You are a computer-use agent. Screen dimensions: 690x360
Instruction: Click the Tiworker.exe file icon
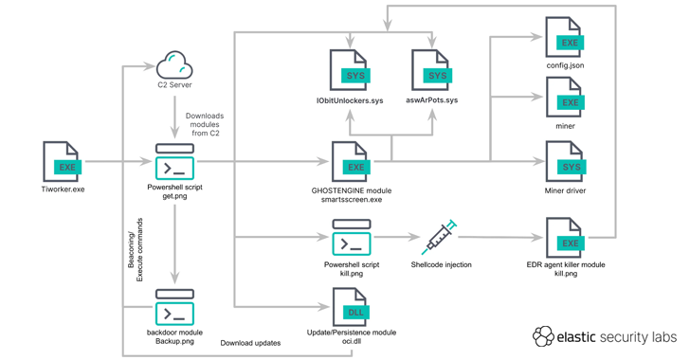pyautogui.click(x=62, y=161)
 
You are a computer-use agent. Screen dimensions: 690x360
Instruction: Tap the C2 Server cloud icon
pyautogui.click(x=174, y=65)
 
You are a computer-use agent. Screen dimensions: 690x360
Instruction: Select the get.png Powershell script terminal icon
pyautogui.click(x=174, y=161)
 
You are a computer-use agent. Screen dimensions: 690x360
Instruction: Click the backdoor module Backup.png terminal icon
pyautogui.click(x=174, y=307)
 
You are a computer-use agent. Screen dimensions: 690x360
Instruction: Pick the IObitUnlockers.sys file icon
pyautogui.click(x=350, y=70)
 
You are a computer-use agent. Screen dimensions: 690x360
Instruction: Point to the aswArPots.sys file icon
pyautogui.click(x=431, y=70)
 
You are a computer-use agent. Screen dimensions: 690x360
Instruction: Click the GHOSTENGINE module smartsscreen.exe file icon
pyautogui.click(x=351, y=161)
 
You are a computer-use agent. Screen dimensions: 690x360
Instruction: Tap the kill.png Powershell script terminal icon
pyautogui.click(x=351, y=237)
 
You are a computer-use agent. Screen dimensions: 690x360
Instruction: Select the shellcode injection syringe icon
pyautogui.click(x=440, y=237)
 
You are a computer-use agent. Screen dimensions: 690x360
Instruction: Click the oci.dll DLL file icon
pyautogui.click(x=351, y=307)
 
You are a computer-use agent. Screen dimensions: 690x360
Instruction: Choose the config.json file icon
pyautogui.click(x=565, y=37)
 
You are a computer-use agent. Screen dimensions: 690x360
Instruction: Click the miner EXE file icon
pyautogui.click(x=565, y=97)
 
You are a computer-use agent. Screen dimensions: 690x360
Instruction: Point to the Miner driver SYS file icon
pyautogui.click(x=565, y=161)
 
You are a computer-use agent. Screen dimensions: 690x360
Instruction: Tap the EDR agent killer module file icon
pyautogui.click(x=565, y=238)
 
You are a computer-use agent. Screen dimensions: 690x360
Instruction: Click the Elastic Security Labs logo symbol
pyautogui.click(x=543, y=336)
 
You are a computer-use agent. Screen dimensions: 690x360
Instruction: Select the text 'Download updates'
pyautogui.click(x=250, y=343)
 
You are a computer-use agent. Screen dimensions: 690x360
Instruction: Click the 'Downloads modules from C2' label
pyautogui.click(x=205, y=124)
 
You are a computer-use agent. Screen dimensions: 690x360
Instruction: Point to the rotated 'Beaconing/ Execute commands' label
pyautogui.click(x=136, y=249)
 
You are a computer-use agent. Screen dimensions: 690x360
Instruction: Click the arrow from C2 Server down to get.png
pyautogui.click(x=174, y=117)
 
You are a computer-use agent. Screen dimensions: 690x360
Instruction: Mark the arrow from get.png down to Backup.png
pyautogui.click(x=174, y=244)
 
